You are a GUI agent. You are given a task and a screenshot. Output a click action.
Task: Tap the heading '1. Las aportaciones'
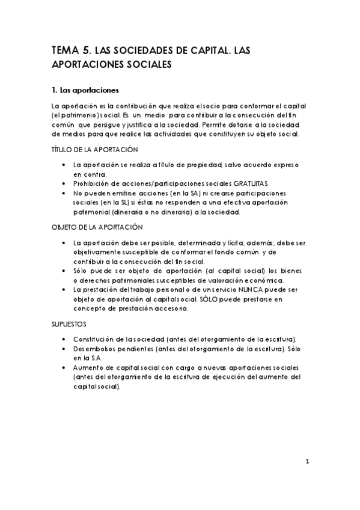pos(86,91)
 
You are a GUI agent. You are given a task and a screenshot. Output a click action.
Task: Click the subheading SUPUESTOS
pos(69,324)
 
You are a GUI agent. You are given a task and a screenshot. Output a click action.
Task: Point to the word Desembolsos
pos(91,348)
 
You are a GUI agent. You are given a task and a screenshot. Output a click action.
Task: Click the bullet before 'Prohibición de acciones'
pos(64,183)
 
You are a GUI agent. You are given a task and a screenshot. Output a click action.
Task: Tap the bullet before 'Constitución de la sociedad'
pos(64,339)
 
